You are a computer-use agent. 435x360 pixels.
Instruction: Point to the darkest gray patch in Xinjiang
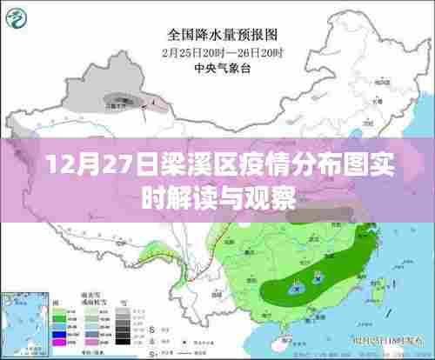[x=114, y=99]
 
